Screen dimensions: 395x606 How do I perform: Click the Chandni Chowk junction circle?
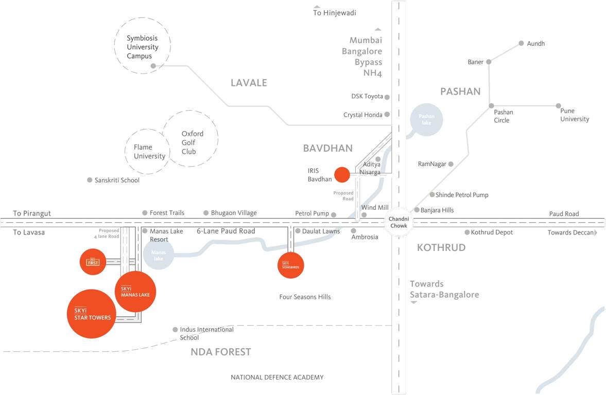coord(399,223)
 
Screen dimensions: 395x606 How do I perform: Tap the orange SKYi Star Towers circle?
coord(92,314)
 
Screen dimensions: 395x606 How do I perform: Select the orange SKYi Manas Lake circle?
coord(135,292)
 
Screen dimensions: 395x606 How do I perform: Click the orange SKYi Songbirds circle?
coord(291,265)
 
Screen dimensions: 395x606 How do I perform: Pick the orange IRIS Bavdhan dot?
coord(342,175)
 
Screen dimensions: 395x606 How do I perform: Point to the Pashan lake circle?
coord(426,120)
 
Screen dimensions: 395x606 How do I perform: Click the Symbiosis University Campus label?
coord(143,47)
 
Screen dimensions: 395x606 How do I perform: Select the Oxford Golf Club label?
coord(193,142)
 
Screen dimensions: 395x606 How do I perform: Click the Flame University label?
coord(149,152)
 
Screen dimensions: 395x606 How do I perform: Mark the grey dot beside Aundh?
coord(521,44)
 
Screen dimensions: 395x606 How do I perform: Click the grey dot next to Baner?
coord(489,62)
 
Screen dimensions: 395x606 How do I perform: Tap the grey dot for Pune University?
coord(559,106)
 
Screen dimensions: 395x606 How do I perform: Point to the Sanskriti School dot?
coord(90,180)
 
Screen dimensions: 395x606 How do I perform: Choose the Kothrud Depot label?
coord(492,232)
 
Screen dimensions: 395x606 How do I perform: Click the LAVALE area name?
coord(249,83)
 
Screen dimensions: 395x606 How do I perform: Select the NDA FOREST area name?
coord(220,352)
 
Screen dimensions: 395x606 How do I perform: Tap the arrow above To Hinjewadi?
coord(317,6)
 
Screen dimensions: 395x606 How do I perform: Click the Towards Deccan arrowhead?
coord(596,232)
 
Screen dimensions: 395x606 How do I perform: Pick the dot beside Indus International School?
coord(175,330)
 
